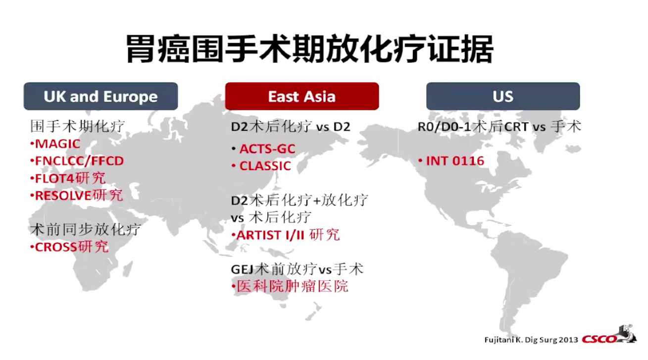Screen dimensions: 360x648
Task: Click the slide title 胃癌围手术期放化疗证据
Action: pyautogui.click(x=309, y=48)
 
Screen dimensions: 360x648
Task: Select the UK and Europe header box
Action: pyautogui.click(x=100, y=96)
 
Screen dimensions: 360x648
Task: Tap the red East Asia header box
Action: pyautogui.click(x=301, y=96)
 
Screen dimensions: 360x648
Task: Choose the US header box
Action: pyautogui.click(x=502, y=96)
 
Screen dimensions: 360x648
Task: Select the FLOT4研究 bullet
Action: pyautogui.click(x=70, y=178)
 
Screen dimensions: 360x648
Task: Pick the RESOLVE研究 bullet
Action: pyautogui.click(x=78, y=195)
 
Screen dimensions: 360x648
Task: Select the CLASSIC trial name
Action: pyautogui.click(x=265, y=165)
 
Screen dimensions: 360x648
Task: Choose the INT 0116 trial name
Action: pyautogui.click(x=454, y=161)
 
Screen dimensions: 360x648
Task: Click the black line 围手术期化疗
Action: pyautogui.click(x=77, y=126)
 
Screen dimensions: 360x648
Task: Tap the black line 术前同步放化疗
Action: pyautogui.click(x=85, y=229)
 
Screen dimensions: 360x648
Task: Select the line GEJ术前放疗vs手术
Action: pyautogui.click(x=297, y=269)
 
